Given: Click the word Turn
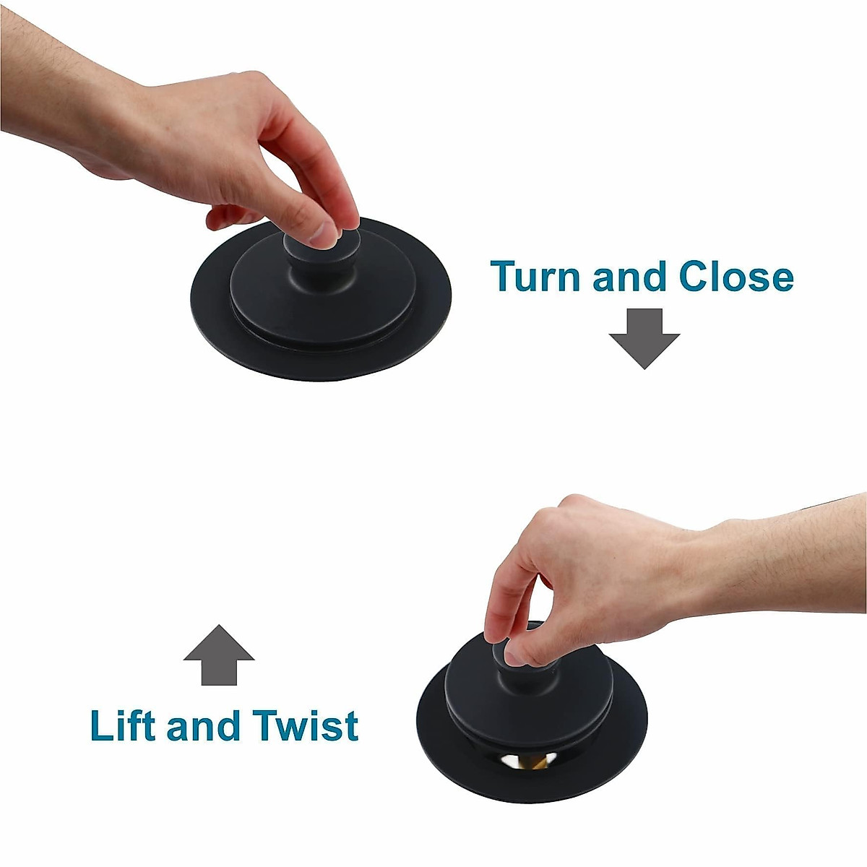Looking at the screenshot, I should coord(536,276).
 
